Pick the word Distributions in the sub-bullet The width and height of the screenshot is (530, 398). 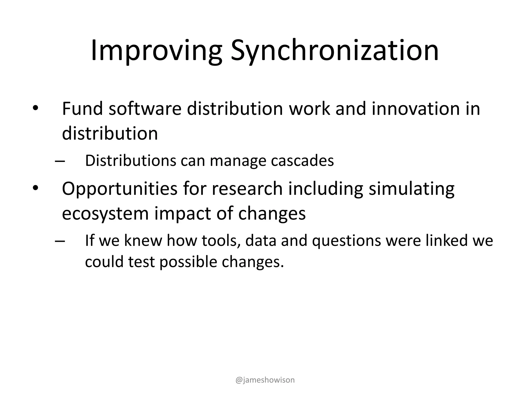[130, 161]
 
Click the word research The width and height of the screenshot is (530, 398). [247, 189]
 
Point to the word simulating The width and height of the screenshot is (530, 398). [411, 189]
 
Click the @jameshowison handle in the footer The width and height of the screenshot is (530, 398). [265, 380]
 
